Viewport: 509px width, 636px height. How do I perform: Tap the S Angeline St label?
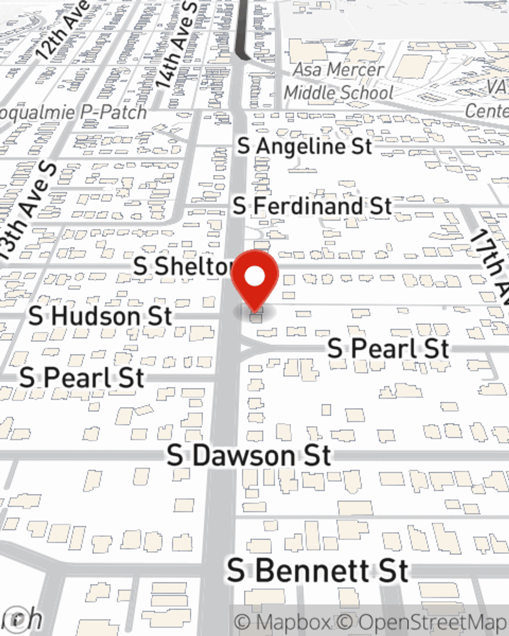pos(304,147)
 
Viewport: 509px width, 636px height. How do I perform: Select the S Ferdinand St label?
pos(312,206)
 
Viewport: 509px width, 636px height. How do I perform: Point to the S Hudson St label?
pos(100,316)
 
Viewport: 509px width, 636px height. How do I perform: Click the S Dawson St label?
pos(249,455)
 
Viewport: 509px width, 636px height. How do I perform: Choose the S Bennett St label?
pos(317,570)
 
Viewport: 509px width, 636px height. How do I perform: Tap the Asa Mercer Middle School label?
pos(338,81)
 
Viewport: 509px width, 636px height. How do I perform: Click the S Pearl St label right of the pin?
pos(388,349)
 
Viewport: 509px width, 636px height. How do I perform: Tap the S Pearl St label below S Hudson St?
pos(82,378)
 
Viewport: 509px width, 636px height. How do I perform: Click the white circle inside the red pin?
pos(254,277)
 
